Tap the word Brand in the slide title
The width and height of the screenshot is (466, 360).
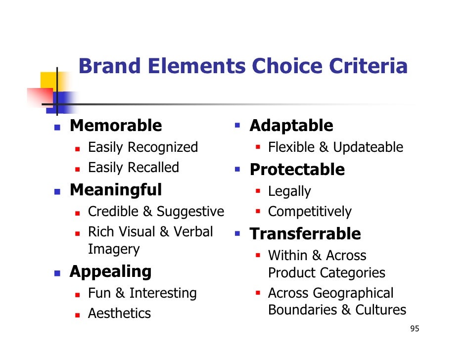point(110,66)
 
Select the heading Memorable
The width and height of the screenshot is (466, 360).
point(116,126)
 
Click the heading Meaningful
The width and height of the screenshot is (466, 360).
point(116,189)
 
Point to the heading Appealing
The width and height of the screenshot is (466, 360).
point(110,271)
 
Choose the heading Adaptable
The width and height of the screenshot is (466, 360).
point(291,126)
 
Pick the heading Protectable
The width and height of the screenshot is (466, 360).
point(297,170)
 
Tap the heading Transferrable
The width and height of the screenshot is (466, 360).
point(305,233)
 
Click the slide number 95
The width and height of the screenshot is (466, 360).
point(415,329)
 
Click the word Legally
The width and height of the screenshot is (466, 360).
point(289,192)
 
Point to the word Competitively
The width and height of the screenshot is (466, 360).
point(310,212)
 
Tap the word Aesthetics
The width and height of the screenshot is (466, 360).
point(119,313)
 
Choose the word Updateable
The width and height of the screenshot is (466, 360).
point(368,147)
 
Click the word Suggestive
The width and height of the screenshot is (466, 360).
point(190,212)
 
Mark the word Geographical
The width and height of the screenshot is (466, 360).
point(354,293)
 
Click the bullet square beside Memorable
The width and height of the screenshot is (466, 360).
point(57,127)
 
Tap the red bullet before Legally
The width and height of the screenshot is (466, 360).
point(258,191)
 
